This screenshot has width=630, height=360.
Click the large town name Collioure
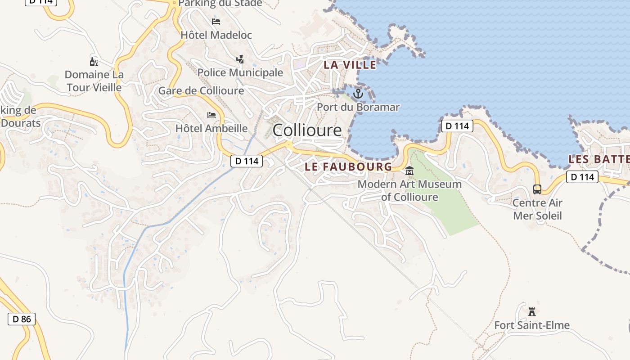[x=307, y=130]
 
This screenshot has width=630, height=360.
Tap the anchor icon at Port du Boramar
[x=358, y=94]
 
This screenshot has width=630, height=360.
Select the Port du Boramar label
[x=358, y=107]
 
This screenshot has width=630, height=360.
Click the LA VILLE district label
[x=350, y=65]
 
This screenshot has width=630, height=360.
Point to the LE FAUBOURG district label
[x=348, y=166]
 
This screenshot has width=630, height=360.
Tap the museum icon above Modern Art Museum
[x=409, y=171]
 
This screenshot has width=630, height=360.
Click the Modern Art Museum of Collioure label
[x=409, y=191]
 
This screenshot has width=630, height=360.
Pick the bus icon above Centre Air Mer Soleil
[x=537, y=189]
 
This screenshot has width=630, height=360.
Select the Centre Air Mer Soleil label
[x=537, y=209]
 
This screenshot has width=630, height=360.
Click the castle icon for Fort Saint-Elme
[x=532, y=311]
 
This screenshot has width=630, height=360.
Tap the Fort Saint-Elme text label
[x=532, y=325]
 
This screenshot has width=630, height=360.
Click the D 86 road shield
[x=22, y=319]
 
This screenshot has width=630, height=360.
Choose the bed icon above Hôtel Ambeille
[x=211, y=115]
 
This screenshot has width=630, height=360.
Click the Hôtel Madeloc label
[x=216, y=35]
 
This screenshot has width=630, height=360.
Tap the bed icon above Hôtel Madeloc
[x=216, y=21]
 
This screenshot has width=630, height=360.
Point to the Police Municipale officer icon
[x=240, y=59]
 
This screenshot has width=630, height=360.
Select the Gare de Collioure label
[x=201, y=90]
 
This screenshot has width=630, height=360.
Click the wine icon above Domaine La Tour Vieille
[x=94, y=62]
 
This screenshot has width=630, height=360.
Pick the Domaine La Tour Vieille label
[x=94, y=81]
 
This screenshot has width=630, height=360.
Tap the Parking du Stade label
[x=220, y=4]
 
